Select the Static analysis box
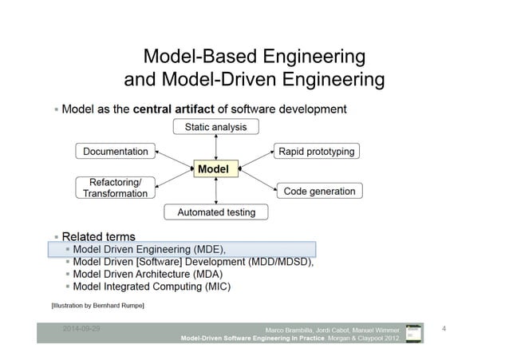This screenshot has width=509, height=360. pyautogui.click(x=215, y=127)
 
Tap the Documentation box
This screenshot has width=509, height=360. pyautogui.click(x=116, y=151)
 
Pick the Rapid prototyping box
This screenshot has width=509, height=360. pyautogui.click(x=316, y=151)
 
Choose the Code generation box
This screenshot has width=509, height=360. pyautogui.click(x=319, y=192)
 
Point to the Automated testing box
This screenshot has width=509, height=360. pyautogui.click(x=216, y=212)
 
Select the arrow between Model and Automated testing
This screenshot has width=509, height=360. pyautogui.click(x=216, y=191)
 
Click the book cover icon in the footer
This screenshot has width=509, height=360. pyautogui.click(x=413, y=333)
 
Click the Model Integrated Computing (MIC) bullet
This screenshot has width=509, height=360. pyautogui.click(x=152, y=287)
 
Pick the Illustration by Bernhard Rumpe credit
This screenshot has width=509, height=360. pyautogui.click(x=98, y=306)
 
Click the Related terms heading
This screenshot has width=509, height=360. pyautogui.click(x=98, y=236)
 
